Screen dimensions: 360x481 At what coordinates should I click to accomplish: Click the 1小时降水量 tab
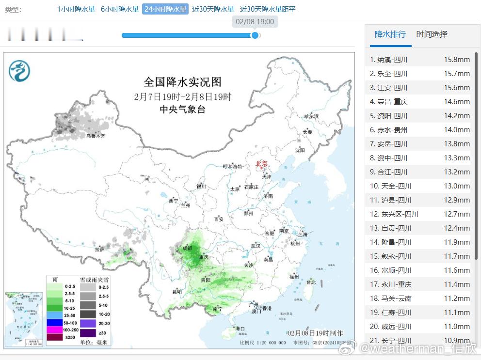(76, 9)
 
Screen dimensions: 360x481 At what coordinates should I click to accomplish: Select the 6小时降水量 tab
(119, 9)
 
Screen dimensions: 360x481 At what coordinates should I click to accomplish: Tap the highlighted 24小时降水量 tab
(165, 9)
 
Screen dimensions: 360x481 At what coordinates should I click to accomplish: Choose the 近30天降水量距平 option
(268, 9)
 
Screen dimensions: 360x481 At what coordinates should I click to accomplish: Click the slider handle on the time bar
(255, 35)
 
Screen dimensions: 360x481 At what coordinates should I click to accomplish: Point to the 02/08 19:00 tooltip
(255, 22)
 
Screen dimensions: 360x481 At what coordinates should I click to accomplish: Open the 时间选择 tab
(432, 34)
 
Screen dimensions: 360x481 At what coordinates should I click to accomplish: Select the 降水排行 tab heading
(390, 34)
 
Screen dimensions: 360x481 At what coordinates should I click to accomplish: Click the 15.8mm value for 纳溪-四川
(457, 60)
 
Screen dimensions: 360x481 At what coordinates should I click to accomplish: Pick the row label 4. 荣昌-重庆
(389, 102)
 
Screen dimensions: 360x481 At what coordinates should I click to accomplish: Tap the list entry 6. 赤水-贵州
(389, 130)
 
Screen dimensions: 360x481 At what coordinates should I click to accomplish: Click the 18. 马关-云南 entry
(391, 298)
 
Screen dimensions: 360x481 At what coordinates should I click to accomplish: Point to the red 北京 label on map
(261, 164)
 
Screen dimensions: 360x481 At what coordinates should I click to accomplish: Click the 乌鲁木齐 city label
(96, 136)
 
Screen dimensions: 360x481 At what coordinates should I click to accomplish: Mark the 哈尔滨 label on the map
(311, 116)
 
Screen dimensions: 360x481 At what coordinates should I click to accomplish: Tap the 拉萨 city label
(99, 250)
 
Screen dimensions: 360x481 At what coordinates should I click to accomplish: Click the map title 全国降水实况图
(182, 82)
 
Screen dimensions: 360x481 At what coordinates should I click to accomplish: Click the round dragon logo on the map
(19, 71)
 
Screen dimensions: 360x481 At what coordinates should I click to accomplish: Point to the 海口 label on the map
(240, 329)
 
